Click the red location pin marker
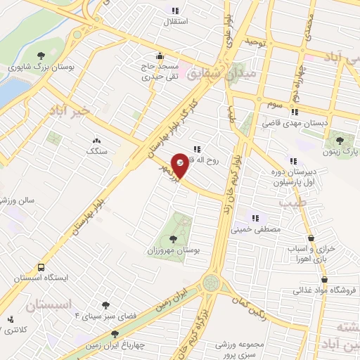point(180,164)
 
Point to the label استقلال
point(174,22)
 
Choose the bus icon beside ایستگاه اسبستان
point(41,267)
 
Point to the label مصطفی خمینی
point(261,229)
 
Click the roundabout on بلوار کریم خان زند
point(210,283)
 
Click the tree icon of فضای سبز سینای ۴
point(106,304)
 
